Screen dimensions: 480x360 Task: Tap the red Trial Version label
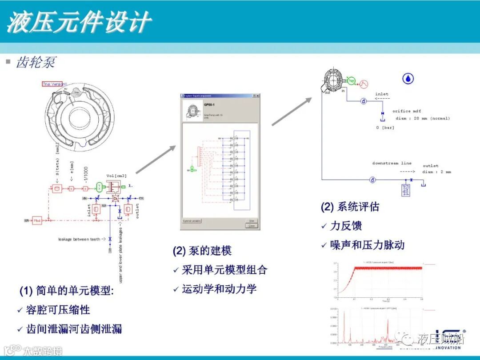55,84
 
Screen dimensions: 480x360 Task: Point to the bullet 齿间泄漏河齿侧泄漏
74,329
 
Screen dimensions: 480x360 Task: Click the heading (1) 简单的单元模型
66,291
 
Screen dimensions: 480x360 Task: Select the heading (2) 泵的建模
202,251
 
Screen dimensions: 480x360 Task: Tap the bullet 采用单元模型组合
224,270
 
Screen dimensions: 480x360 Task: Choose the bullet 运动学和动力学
219,289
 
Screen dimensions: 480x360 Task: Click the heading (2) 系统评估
350,207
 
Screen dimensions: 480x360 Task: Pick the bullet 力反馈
346,226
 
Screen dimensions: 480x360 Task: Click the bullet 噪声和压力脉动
367,245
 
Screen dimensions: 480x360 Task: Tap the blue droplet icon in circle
408,79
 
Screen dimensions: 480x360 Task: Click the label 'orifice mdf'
407,111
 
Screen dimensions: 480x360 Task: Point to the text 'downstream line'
392,164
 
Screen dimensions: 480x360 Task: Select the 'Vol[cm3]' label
117,175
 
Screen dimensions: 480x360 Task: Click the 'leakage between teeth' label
82,240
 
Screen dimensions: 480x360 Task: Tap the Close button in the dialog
252,225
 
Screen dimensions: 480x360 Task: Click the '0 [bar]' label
385,128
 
